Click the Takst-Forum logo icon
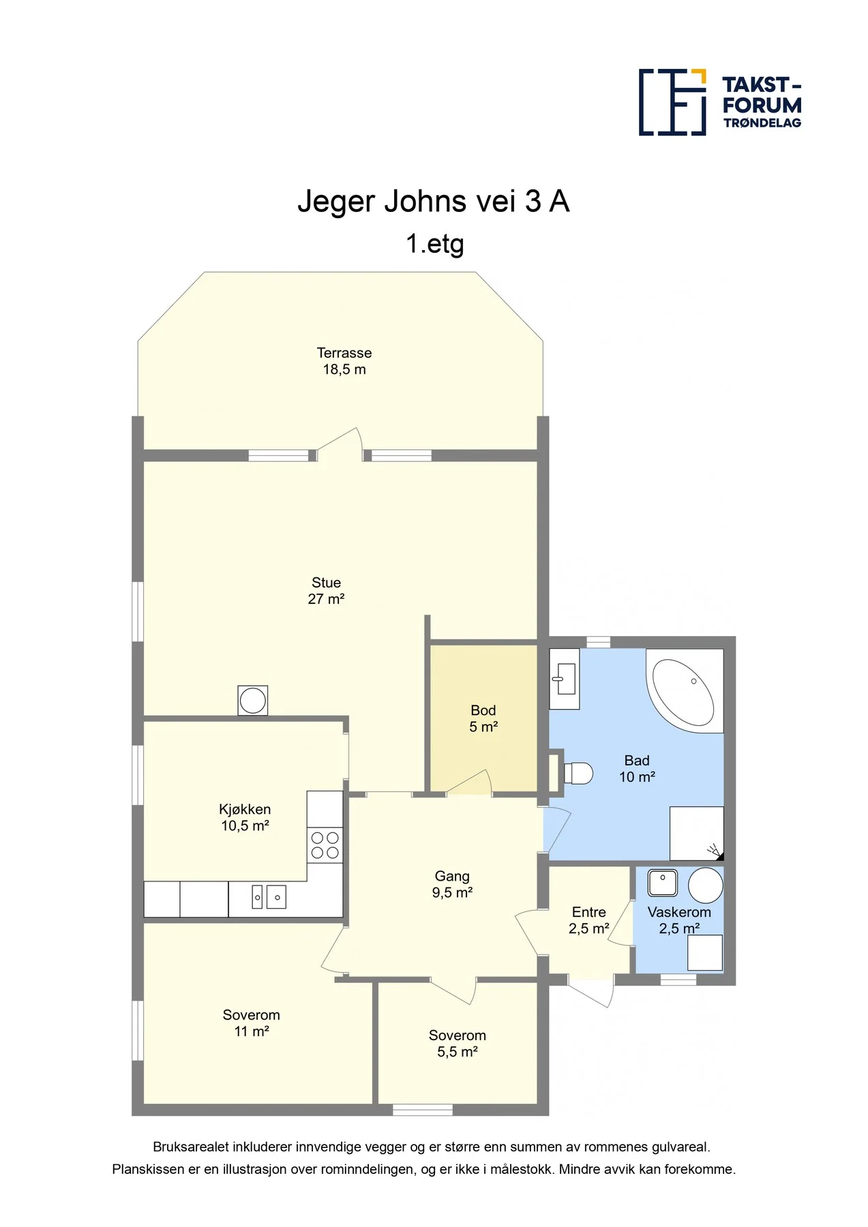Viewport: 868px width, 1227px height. (672, 102)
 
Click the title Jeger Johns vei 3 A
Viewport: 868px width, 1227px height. (434, 201)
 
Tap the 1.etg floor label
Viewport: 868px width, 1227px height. (434, 243)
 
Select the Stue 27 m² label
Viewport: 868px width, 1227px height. (326, 591)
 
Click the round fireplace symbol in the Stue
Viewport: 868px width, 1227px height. (253, 700)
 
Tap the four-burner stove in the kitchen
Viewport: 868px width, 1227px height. (325, 845)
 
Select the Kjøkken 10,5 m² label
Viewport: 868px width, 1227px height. (245, 817)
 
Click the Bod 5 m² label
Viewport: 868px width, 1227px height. (483, 718)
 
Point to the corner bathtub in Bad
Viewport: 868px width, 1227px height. (685, 691)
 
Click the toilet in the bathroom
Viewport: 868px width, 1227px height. (578, 773)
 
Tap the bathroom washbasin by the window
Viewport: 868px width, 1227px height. (565, 679)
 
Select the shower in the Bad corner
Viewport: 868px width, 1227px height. (697, 834)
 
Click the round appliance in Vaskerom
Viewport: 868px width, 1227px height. (706, 885)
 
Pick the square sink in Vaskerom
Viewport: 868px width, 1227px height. (662, 883)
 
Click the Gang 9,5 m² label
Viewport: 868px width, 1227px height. (452, 884)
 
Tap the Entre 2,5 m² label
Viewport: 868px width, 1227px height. (589, 920)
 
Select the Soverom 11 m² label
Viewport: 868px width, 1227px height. (252, 1022)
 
